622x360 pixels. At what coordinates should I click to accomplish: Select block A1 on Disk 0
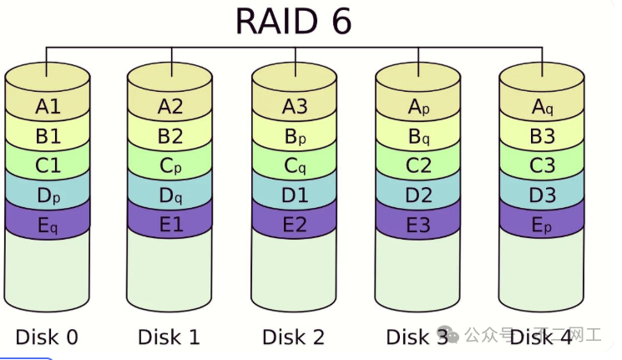[48, 107]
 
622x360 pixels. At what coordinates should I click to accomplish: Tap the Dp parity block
[48, 195]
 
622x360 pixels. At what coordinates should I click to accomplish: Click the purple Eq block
[48, 225]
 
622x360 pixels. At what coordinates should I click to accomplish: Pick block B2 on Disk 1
[170, 136]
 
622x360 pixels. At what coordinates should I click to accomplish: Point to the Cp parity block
[170, 166]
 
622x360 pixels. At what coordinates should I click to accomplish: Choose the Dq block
[170, 195]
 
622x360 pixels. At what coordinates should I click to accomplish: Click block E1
[170, 225]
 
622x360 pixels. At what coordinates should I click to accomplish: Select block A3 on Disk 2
[295, 107]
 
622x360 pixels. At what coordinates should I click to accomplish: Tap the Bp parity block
[295, 136]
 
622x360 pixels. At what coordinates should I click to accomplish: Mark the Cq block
[295, 166]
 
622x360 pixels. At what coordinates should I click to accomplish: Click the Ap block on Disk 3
[418, 107]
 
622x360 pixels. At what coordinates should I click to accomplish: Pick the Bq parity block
[418, 136]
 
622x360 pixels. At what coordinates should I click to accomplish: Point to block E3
[418, 225]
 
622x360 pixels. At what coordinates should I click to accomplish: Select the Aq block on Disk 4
[542, 107]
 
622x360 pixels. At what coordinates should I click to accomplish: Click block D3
[542, 195]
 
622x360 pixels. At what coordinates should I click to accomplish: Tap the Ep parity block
[542, 225]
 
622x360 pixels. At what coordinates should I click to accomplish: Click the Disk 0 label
[47, 337]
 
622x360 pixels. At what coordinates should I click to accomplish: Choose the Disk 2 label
[294, 337]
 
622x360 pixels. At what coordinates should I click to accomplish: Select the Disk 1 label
[169, 337]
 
